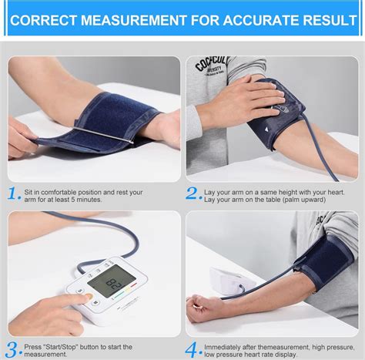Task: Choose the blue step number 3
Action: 13,349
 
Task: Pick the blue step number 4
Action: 193,349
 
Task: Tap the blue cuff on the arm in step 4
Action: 324,261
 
